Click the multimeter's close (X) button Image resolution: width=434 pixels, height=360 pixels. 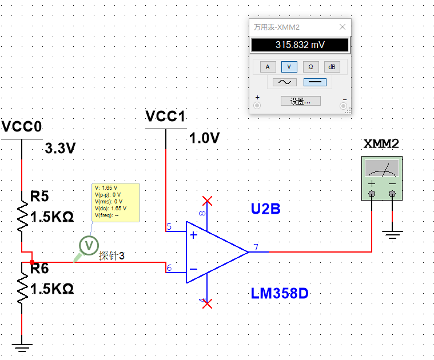(343, 27)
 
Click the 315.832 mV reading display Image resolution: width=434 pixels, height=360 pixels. (300, 45)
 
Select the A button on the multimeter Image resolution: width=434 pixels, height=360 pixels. (267, 67)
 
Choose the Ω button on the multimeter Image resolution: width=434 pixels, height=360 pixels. (310, 67)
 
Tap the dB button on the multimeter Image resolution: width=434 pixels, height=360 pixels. (332, 67)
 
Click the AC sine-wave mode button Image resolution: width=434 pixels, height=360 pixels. (284, 82)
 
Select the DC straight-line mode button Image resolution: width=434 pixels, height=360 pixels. (314, 82)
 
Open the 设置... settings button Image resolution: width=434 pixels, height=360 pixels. (300, 101)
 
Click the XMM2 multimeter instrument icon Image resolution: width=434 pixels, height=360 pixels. (382, 177)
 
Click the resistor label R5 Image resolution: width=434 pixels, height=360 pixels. (40, 197)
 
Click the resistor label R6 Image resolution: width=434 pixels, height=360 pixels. (40, 267)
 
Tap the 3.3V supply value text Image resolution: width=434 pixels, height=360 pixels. (61, 149)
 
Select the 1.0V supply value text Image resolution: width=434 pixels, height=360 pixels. (205, 138)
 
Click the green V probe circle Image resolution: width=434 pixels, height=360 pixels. (89, 245)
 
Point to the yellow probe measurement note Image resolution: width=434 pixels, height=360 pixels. (116, 202)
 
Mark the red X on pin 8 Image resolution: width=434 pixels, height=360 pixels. (208, 201)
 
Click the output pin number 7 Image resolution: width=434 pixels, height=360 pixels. (256, 247)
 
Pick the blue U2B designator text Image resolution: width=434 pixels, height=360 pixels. (265, 209)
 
